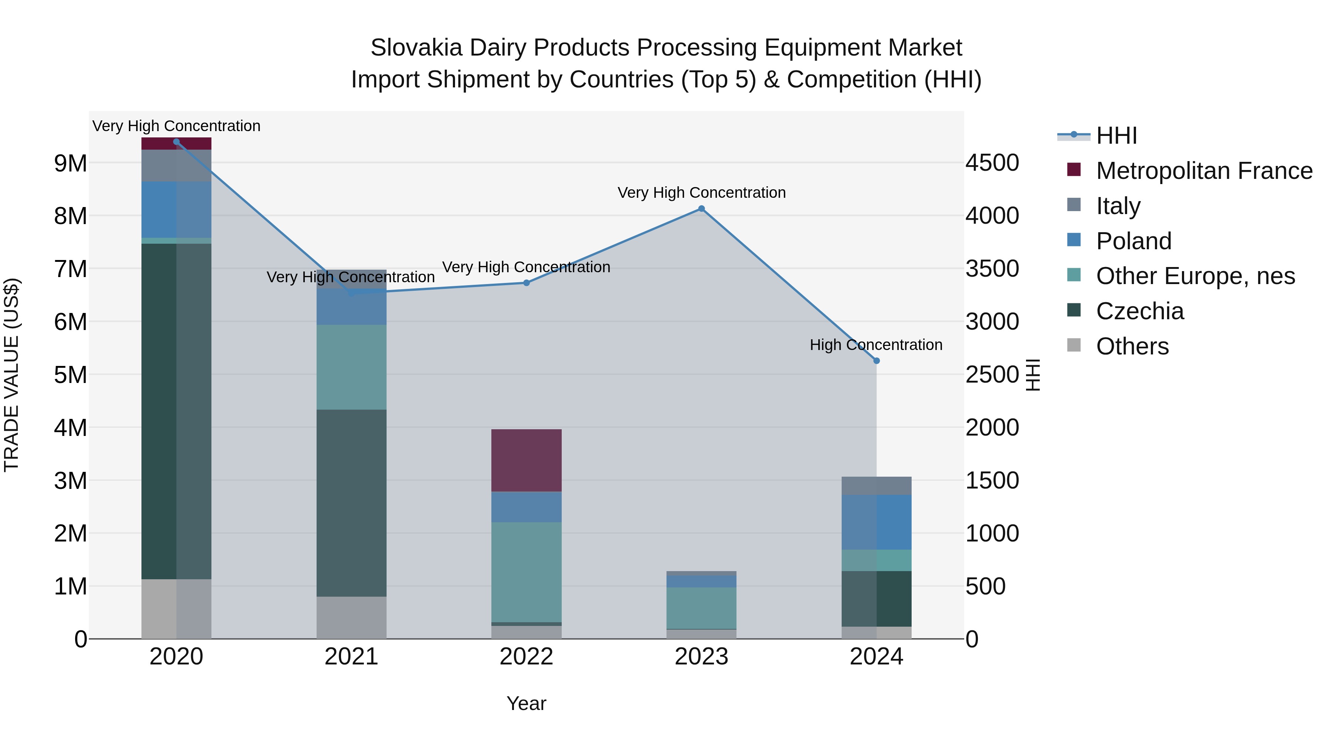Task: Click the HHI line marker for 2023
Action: (x=701, y=209)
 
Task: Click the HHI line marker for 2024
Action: (x=876, y=361)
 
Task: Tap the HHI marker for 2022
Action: (x=526, y=283)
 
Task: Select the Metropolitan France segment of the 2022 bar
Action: (x=526, y=460)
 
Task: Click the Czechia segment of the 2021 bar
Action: (x=351, y=503)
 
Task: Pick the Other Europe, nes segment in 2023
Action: (x=701, y=608)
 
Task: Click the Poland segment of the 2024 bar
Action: (x=876, y=522)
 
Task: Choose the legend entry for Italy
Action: (x=1118, y=206)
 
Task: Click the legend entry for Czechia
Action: (x=1139, y=311)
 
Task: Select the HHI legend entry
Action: (x=1116, y=136)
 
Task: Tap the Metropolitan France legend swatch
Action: (x=1074, y=170)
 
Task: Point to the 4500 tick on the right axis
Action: (x=992, y=163)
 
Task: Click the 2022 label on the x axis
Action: (x=526, y=657)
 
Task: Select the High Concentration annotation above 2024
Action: (x=876, y=345)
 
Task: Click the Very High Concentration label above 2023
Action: (x=701, y=193)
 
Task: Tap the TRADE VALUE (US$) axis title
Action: (x=11, y=375)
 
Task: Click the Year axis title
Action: (x=526, y=703)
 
